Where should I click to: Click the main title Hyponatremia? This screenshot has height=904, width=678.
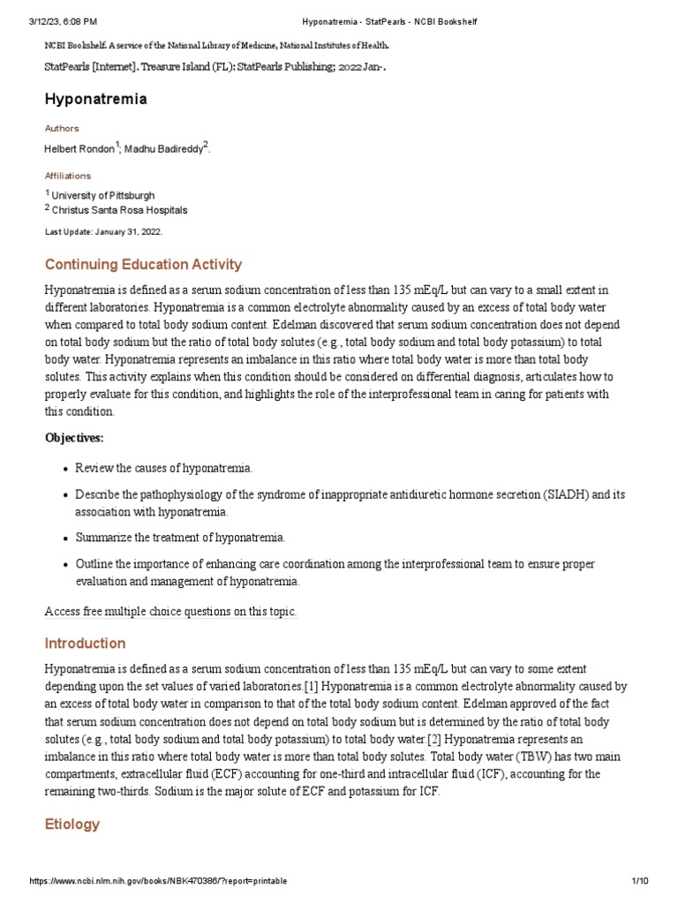(95, 99)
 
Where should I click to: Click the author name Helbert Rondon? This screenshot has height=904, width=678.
(79, 149)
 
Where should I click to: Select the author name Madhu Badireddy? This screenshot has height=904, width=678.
(163, 149)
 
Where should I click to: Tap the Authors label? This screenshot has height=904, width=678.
(62, 128)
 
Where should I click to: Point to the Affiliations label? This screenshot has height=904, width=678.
(68, 176)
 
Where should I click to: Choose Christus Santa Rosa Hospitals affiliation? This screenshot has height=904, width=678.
(119, 210)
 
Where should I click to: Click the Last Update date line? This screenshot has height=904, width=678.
(103, 231)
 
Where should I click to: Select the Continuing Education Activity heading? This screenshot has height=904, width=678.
(143, 264)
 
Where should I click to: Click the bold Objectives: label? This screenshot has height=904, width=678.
(74, 437)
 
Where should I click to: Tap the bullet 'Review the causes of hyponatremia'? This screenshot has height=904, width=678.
(163, 467)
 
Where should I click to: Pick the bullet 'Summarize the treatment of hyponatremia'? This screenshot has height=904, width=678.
(180, 537)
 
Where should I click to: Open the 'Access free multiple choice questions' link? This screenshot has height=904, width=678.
(170, 611)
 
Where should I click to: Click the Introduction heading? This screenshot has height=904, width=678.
(85, 643)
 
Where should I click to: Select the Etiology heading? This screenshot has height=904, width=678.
(72, 824)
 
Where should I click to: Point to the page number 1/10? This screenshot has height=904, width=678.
(641, 881)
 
